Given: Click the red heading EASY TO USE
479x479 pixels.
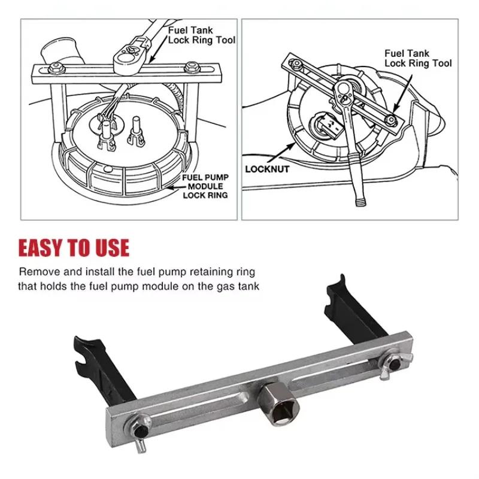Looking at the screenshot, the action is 74,247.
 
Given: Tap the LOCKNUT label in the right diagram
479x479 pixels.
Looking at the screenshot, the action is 267,169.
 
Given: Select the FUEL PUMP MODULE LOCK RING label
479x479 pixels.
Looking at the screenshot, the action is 205,186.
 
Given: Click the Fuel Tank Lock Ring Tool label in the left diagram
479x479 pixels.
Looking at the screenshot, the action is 202,35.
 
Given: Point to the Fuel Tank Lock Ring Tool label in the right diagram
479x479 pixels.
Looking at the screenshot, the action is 418,58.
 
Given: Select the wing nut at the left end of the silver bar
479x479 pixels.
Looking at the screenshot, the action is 139,431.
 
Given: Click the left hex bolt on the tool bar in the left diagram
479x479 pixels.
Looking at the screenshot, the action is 56,68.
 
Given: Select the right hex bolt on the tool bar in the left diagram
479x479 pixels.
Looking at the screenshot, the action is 192,68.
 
